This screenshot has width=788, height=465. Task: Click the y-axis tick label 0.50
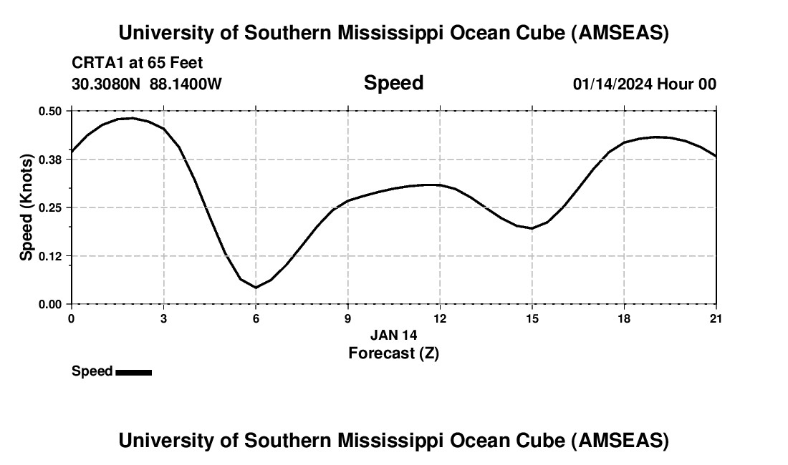(51, 111)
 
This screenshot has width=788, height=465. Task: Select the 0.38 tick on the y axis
(51, 159)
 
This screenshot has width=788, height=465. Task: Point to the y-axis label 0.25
(51, 207)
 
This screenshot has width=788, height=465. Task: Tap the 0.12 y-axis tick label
(51, 255)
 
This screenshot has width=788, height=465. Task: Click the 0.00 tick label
(51, 304)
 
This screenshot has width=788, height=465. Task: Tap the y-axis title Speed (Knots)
(26, 207)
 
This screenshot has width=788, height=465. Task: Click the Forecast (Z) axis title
(393, 353)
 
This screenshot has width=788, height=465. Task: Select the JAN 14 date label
(393, 335)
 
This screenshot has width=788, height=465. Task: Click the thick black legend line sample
(133, 372)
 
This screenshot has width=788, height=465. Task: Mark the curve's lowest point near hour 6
(256, 288)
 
